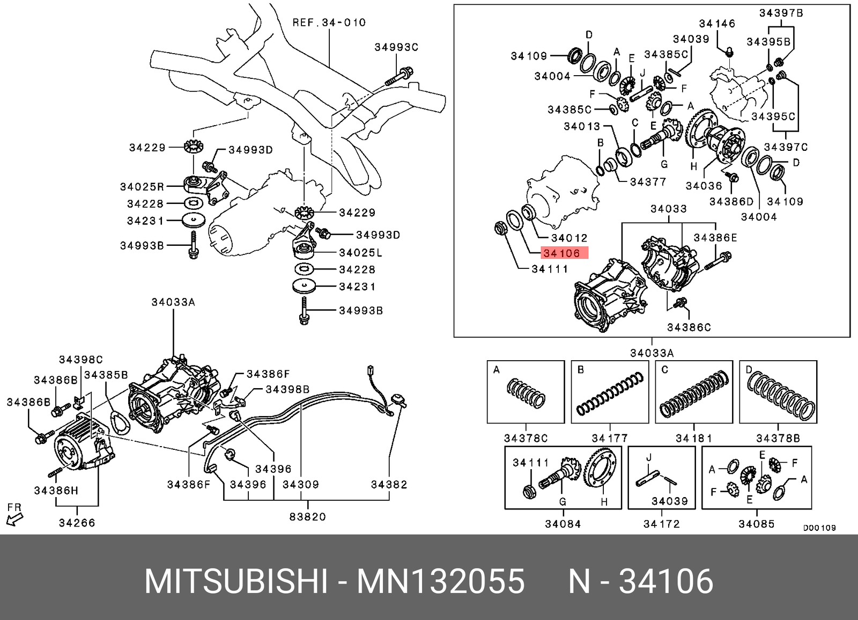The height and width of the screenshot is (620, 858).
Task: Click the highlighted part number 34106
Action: click(561, 253)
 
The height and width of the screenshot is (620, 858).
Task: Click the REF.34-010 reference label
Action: click(329, 23)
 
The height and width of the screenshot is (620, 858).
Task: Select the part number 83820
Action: click(307, 517)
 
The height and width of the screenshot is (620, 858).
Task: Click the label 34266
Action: click(77, 523)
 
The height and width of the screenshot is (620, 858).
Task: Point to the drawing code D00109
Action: click(819, 528)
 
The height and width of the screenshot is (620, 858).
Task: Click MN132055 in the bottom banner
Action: click(441, 582)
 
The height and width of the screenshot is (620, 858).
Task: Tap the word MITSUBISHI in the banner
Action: click(236, 582)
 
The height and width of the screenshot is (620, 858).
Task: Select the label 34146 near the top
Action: click(717, 24)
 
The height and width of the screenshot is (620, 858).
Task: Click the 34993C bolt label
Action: click(396, 47)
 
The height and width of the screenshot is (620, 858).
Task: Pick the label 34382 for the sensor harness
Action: click(389, 485)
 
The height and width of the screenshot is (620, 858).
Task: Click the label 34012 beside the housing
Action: click(569, 238)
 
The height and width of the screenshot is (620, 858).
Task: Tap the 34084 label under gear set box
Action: click(563, 524)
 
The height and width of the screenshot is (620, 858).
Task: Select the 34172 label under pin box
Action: click(661, 524)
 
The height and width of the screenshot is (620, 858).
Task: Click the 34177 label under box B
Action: click(609, 438)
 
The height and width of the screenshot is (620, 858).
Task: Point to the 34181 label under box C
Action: click(693, 438)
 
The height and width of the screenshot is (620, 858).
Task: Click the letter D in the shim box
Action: click(749, 369)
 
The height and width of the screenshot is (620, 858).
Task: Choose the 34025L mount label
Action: click(360, 252)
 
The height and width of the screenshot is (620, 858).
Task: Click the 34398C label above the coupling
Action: click(80, 360)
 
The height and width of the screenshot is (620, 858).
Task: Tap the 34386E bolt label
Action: click(715, 238)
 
